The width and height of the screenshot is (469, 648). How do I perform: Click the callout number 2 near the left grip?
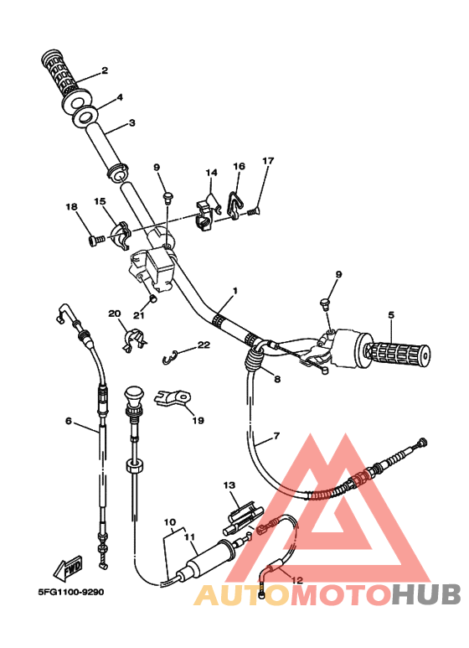click(x=105, y=70)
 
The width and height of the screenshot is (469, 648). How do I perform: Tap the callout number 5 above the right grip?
click(x=391, y=315)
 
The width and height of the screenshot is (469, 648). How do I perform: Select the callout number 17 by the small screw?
click(x=268, y=160)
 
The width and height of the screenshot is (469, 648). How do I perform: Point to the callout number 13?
click(x=229, y=485)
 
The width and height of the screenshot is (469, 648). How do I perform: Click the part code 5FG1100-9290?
click(x=71, y=592)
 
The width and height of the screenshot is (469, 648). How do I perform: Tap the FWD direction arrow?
click(x=68, y=568)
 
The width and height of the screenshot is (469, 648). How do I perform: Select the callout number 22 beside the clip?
click(x=204, y=345)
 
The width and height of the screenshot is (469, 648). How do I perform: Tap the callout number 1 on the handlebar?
click(x=235, y=291)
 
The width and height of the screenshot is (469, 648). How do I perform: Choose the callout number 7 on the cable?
click(x=276, y=436)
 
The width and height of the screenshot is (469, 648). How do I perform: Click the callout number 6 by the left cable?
click(x=69, y=421)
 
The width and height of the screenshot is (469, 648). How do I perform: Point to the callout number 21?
click(x=139, y=315)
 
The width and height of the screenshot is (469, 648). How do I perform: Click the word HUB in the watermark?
click(x=425, y=594)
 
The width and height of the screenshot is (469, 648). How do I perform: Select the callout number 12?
click(x=297, y=580)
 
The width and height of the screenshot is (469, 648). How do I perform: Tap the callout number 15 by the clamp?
click(x=100, y=201)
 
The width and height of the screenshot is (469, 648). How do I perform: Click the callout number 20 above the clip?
click(x=115, y=314)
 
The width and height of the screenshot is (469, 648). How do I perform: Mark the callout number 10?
click(x=170, y=522)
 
